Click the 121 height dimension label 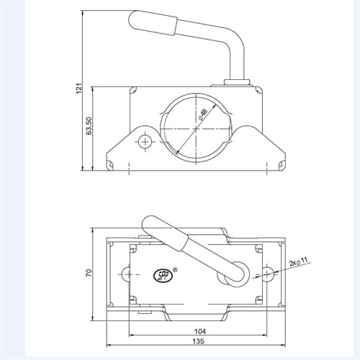tap(79, 90)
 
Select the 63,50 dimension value tap(89, 126)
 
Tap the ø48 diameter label tap(203, 114)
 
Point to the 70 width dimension tap(89, 273)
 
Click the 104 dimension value tap(200, 331)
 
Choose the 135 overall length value tap(198, 341)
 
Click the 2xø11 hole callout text tap(298, 262)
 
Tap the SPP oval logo tap(163, 276)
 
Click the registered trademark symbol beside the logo tap(175, 269)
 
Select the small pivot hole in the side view tap(145, 142)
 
